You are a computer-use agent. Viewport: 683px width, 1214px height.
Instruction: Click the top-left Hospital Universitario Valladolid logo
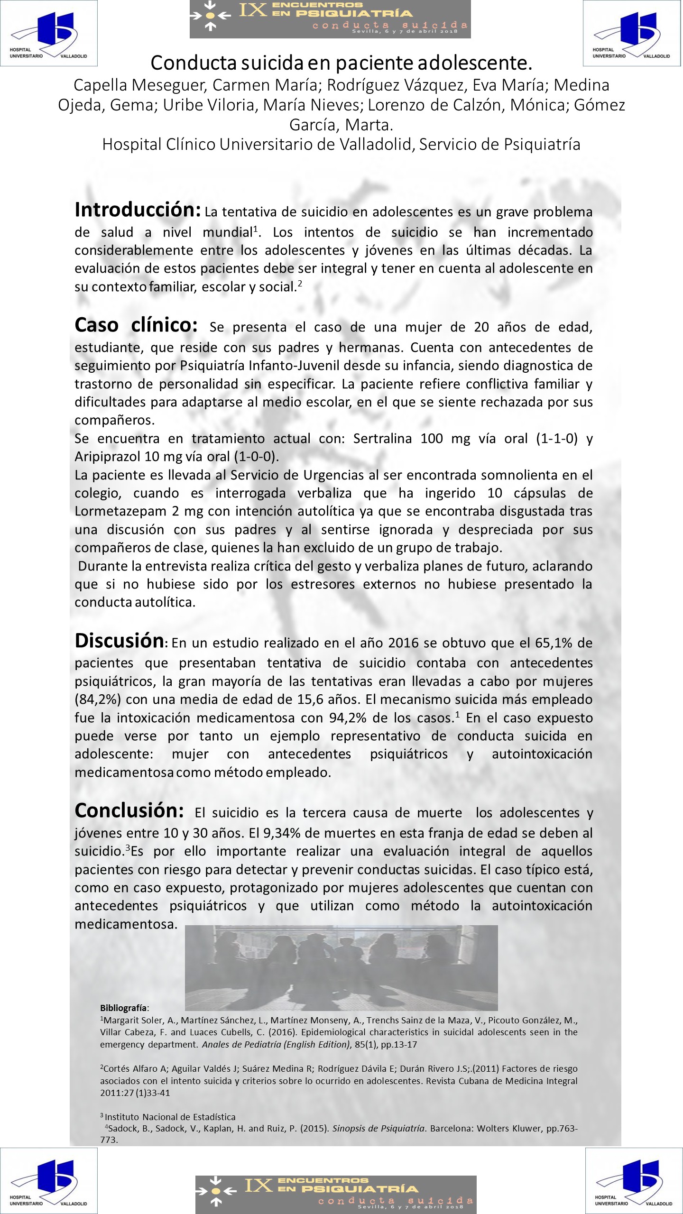(49, 33)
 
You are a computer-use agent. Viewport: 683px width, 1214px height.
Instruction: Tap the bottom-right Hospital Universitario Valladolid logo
(634, 1180)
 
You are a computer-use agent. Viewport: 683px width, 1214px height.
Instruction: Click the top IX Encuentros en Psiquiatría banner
(330, 19)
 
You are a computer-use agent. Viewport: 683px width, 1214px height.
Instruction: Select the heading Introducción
(138, 210)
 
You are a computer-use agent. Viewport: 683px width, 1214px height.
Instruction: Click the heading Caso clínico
(136, 325)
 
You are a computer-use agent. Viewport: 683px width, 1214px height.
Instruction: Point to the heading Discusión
(119, 641)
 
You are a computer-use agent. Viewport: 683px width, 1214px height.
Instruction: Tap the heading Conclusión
(129, 810)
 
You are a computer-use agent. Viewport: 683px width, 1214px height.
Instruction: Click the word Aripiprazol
(107, 457)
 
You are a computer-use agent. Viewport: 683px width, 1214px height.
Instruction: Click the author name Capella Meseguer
(140, 85)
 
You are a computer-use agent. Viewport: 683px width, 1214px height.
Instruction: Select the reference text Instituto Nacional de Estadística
(170, 1117)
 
